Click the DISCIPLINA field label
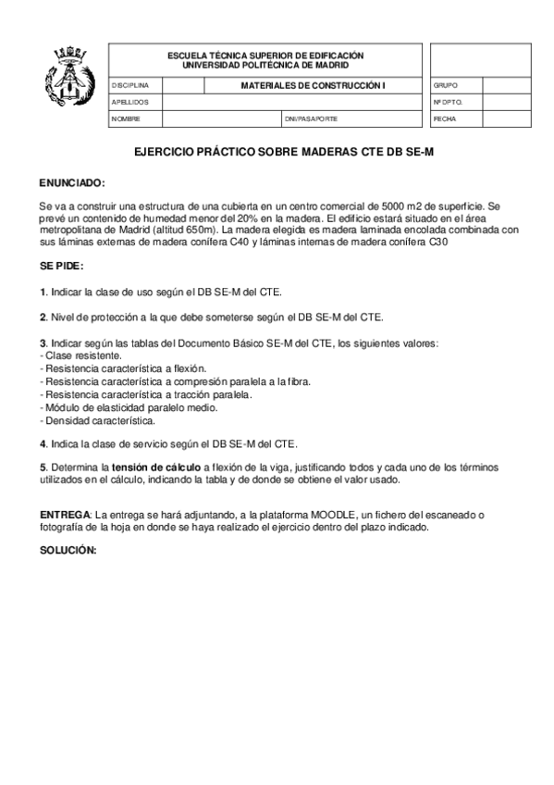(129, 85)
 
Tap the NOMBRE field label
(126, 119)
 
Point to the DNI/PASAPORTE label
(312, 119)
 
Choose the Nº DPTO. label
(447, 102)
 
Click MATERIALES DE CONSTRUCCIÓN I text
(312, 85)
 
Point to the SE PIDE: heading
(61, 265)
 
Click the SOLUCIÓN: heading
(68, 550)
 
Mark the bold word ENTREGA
(65, 513)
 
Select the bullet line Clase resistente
(83, 355)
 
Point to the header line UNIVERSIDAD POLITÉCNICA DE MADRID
(265, 66)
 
